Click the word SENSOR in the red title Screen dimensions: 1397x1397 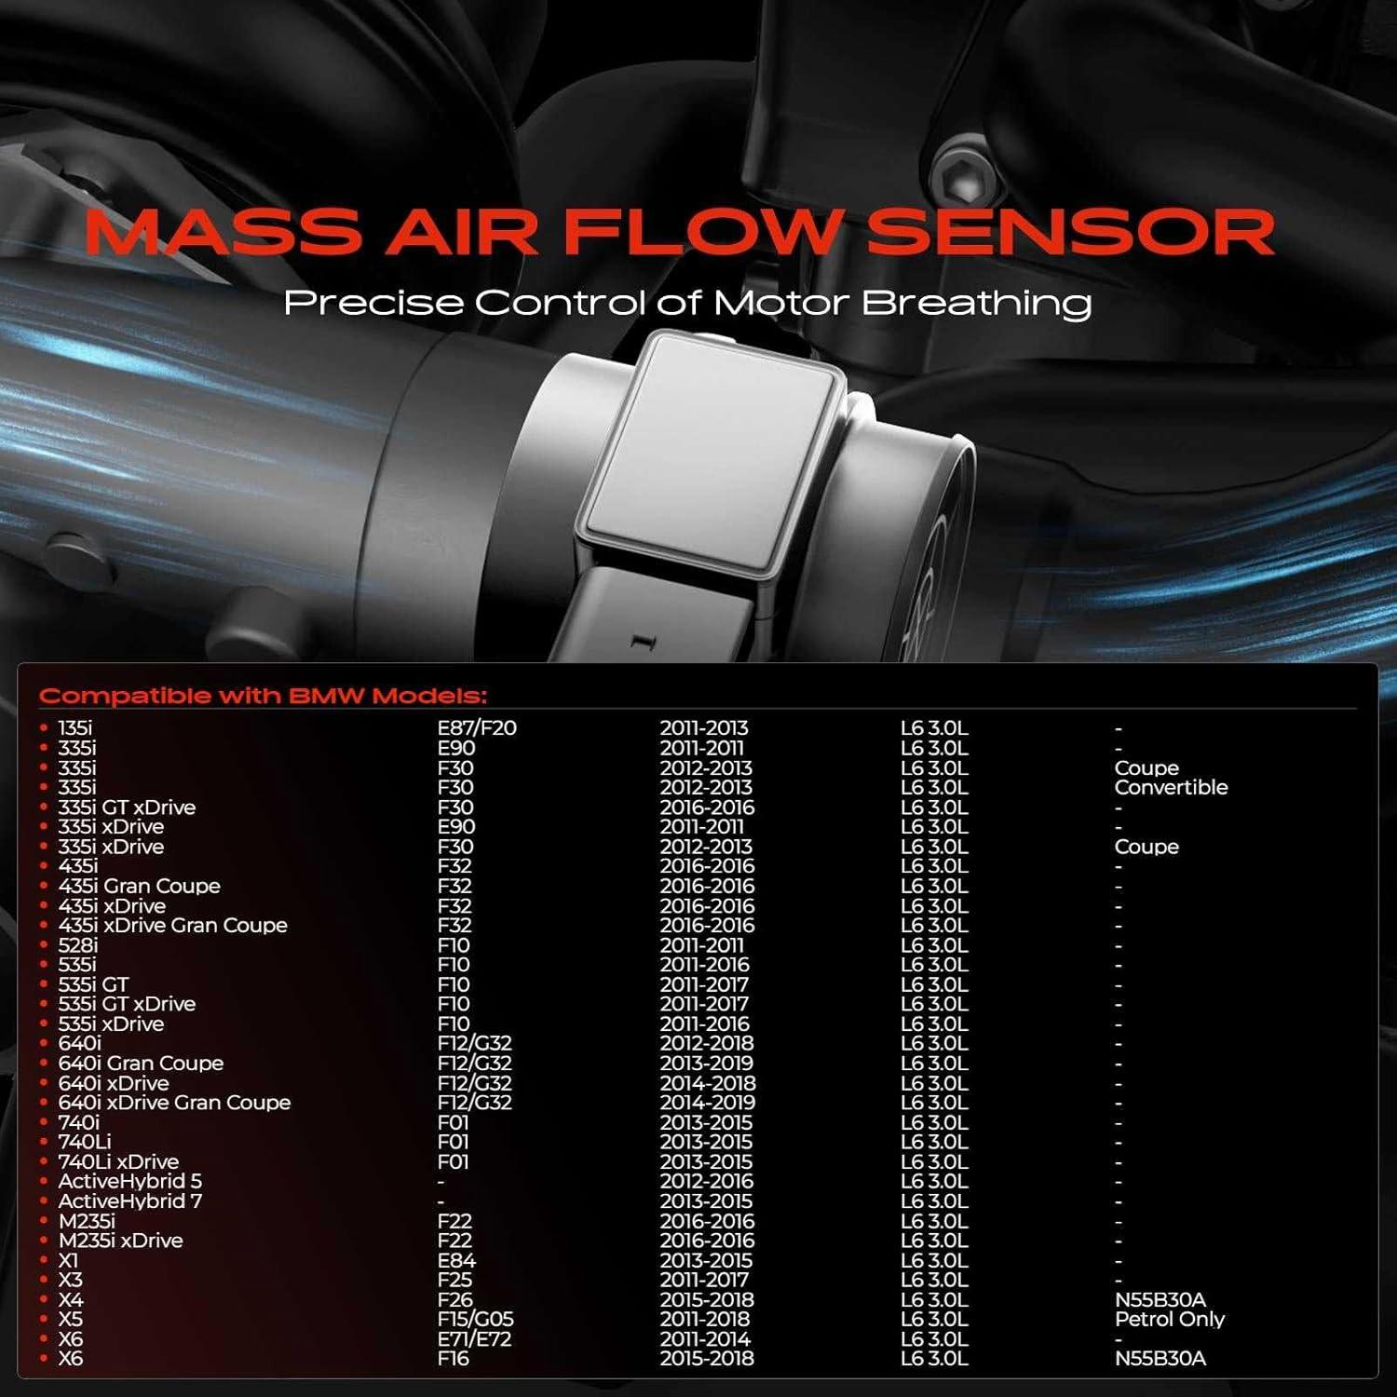(x=1070, y=233)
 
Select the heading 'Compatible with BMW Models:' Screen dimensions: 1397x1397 (x=263, y=696)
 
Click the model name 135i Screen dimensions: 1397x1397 (x=75, y=728)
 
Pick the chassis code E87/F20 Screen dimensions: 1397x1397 (x=477, y=728)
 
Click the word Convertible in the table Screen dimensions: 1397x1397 (x=1171, y=788)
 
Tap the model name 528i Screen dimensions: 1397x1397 (x=78, y=945)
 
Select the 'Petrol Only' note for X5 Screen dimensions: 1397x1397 (x=1169, y=1320)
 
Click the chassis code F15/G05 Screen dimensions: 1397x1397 (x=476, y=1320)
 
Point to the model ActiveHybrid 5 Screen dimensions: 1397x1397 (x=129, y=1181)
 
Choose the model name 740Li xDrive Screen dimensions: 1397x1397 (x=118, y=1161)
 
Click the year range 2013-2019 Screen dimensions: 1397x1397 (x=707, y=1064)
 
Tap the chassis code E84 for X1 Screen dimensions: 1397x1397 (x=456, y=1260)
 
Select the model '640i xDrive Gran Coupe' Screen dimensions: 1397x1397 (x=174, y=1103)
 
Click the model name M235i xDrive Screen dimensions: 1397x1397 (x=120, y=1241)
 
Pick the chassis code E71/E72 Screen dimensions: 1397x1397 (x=474, y=1339)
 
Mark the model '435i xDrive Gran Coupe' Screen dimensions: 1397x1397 (x=172, y=926)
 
